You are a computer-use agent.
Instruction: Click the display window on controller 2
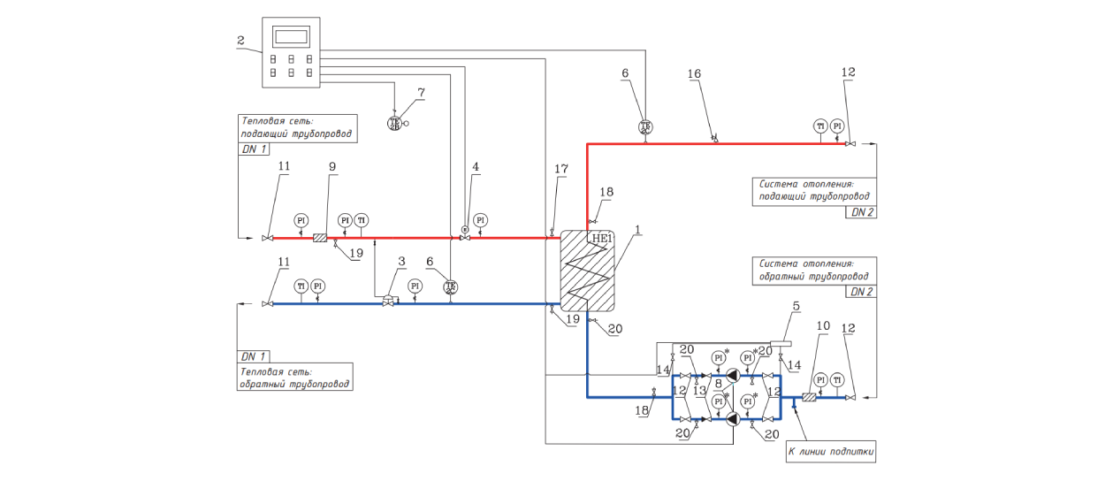[x=291, y=37]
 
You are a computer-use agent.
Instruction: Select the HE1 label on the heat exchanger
[x=602, y=239]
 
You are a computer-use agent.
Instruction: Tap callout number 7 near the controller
[x=422, y=91]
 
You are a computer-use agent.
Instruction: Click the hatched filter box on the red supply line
[x=320, y=237]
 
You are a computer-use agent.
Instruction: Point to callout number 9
[x=333, y=166]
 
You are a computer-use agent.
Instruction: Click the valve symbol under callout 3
[x=389, y=302]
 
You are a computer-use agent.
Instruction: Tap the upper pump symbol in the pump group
[x=734, y=376]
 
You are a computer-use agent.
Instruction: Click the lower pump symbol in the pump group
[x=734, y=419]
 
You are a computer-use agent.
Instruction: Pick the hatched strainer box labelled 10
[x=807, y=397]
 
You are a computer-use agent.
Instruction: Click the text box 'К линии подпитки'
[x=831, y=452]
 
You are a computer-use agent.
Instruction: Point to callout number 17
[x=560, y=168]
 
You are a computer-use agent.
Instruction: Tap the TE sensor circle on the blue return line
[x=451, y=286]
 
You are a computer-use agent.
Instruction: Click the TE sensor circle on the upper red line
[x=645, y=126]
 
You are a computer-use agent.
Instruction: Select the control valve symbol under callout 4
[x=465, y=236]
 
